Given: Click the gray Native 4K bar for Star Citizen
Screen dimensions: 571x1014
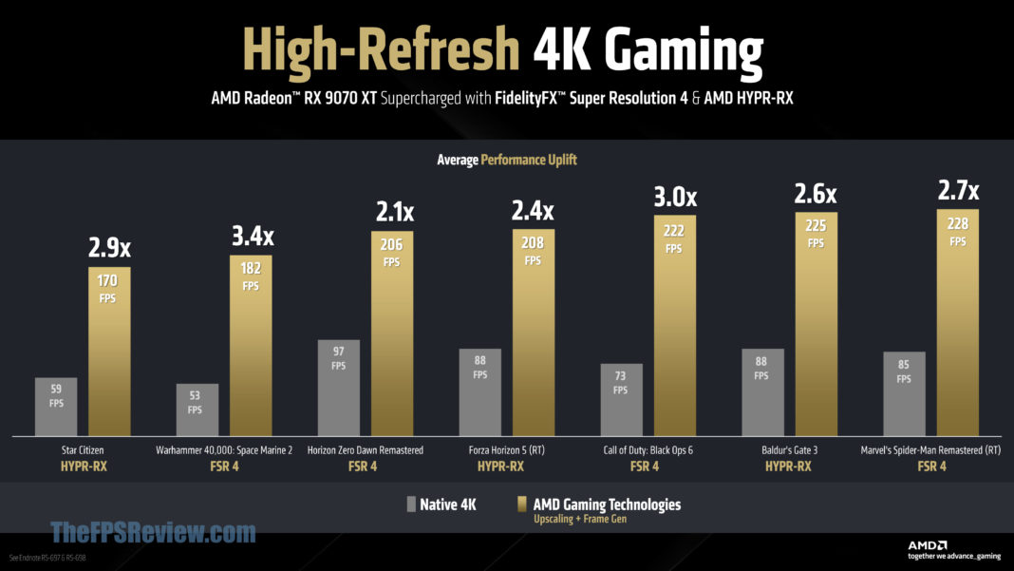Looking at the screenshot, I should click(56, 407).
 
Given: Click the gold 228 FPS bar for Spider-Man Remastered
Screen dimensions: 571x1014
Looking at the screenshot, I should click(957, 322).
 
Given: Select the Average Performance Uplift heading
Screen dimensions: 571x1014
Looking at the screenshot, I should click(507, 160).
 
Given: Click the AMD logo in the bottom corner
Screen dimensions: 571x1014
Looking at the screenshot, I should click(927, 544).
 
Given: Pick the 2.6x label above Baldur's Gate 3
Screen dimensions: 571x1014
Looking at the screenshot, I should click(815, 194).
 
